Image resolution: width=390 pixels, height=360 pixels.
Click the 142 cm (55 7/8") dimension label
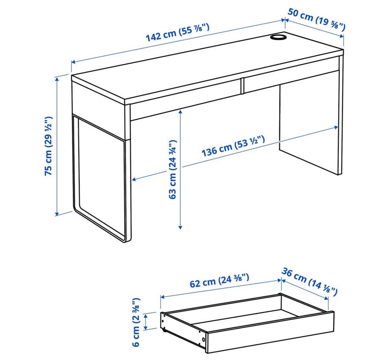(x=178, y=33)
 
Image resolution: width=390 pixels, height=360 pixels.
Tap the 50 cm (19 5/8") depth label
(x=316, y=20)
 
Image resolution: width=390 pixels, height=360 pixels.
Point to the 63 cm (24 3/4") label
(x=172, y=169)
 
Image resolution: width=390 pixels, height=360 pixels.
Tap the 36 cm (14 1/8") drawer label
(x=310, y=282)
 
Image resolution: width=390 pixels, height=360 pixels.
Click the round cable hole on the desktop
(x=278, y=37)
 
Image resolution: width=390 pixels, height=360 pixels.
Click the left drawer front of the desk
(x=185, y=101)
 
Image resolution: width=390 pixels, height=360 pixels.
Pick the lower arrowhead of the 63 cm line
(x=180, y=227)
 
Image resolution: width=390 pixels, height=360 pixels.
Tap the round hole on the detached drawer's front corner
(x=204, y=339)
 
